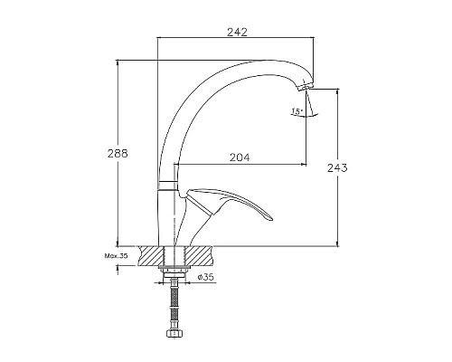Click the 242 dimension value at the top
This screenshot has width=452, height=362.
[x=237, y=32]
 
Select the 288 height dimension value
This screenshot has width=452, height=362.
[x=118, y=154]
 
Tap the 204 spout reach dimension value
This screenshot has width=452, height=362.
[x=240, y=157]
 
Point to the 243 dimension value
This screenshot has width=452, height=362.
[x=337, y=167]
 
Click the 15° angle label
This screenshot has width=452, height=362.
[x=297, y=111]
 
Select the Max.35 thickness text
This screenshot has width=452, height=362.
[x=116, y=256]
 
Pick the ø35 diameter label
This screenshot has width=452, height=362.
[x=206, y=277]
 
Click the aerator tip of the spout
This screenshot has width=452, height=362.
[x=305, y=87]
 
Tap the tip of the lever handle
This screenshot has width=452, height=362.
[x=271, y=219]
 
